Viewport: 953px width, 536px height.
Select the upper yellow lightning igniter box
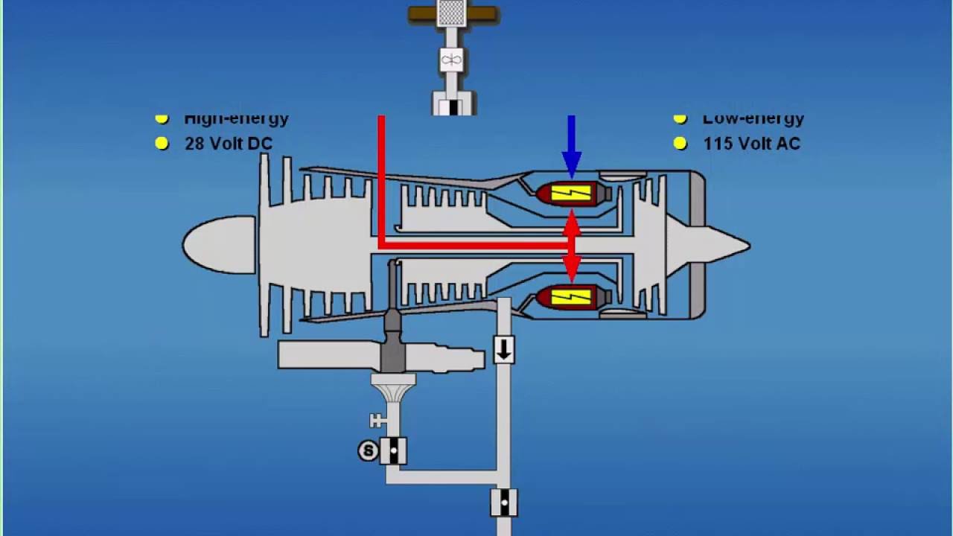[x=571, y=194]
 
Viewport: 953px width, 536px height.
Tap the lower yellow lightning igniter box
[x=571, y=297]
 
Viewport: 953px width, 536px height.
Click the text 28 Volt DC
[x=228, y=144]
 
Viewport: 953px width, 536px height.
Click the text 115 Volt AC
[x=751, y=144]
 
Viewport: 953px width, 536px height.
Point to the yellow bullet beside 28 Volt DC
[x=162, y=144]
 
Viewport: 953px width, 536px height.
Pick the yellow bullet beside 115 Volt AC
[x=680, y=144]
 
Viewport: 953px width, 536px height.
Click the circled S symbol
[x=368, y=450]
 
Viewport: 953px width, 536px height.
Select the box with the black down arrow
[x=504, y=349]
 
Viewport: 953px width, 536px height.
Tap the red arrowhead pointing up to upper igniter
[x=571, y=222]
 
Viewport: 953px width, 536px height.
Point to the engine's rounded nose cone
[x=216, y=245]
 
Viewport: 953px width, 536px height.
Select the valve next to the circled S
[x=392, y=450]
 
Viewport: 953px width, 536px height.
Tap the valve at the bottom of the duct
[x=504, y=502]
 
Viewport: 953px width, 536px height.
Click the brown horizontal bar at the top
[x=453, y=13]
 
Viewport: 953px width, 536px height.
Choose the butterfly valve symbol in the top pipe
[x=451, y=60]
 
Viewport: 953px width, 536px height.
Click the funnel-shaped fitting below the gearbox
[x=393, y=388]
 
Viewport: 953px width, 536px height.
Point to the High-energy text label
[x=236, y=118]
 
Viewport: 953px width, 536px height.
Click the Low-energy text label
[x=753, y=118]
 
